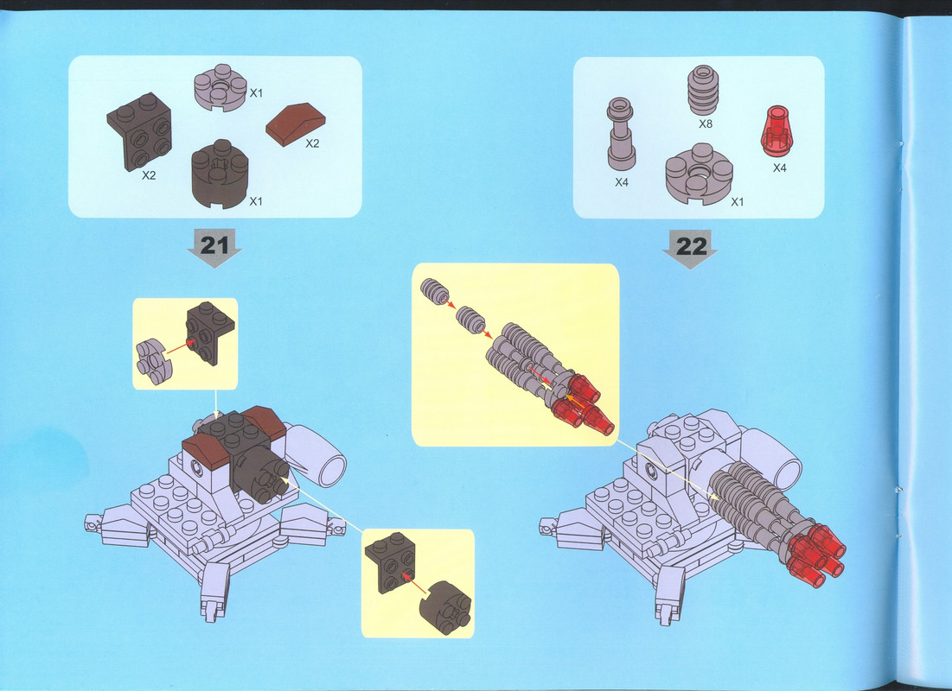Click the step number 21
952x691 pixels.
click(214, 245)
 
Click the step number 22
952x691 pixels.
click(692, 246)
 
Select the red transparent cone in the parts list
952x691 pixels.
click(776, 131)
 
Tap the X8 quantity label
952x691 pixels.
click(705, 124)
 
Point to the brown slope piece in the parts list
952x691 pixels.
click(296, 124)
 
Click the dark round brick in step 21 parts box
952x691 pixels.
click(220, 174)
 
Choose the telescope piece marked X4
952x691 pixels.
click(621, 134)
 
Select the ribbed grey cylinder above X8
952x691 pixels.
click(703, 90)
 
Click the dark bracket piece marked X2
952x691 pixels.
click(139, 131)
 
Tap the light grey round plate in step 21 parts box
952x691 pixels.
click(220, 87)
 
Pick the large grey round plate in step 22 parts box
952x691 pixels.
click(699, 174)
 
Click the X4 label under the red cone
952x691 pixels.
click(780, 168)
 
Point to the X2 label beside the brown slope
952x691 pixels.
click(312, 143)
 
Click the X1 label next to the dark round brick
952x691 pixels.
click(256, 200)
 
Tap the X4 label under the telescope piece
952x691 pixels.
click(621, 182)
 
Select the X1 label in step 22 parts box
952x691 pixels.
click(737, 202)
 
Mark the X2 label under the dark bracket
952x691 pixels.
click(149, 175)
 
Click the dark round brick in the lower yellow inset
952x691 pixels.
click(445, 607)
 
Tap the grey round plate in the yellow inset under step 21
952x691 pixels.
click(154, 362)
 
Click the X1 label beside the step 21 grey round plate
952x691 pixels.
click(256, 92)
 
